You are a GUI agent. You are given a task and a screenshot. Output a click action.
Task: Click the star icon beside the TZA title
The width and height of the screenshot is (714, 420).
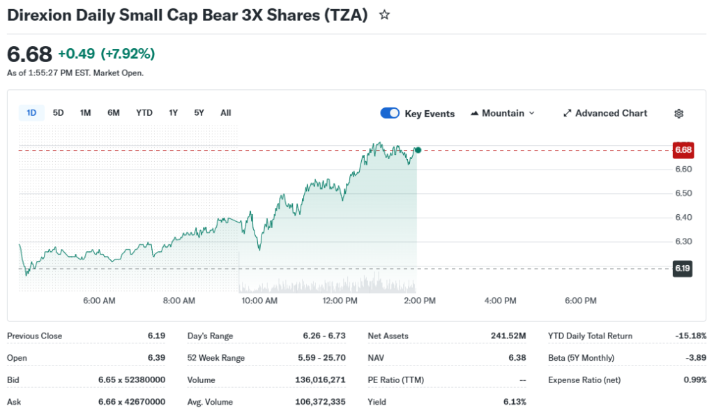click(384, 15)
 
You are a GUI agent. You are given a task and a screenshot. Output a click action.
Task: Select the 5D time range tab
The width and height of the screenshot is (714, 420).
click(59, 113)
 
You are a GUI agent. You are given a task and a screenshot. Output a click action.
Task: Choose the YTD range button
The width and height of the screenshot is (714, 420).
click(144, 113)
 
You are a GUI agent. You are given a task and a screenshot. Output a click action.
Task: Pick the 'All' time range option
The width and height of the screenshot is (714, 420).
click(225, 113)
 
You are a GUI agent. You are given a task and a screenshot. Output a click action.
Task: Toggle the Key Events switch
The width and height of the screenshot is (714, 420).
click(390, 114)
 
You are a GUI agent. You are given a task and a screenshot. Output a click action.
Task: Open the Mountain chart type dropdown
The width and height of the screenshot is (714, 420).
click(503, 113)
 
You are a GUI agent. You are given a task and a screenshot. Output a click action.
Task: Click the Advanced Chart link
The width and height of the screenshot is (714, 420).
click(605, 113)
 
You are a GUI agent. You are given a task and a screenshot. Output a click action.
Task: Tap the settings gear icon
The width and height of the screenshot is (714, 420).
click(679, 114)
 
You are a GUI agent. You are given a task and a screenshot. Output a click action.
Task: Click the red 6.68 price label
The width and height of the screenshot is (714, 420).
click(683, 150)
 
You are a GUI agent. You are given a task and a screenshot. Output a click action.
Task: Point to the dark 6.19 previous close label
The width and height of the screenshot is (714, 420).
click(683, 268)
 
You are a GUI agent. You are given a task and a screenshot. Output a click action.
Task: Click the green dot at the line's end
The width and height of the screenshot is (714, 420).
click(418, 150)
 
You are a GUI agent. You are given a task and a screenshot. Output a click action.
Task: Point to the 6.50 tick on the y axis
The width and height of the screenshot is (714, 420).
click(683, 193)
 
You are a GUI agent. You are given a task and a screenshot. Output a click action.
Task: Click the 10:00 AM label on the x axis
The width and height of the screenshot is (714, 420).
click(259, 301)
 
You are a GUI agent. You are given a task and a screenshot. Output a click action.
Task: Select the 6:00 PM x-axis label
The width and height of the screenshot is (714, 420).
click(580, 301)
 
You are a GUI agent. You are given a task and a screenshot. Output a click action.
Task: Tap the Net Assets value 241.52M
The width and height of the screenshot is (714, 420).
click(508, 336)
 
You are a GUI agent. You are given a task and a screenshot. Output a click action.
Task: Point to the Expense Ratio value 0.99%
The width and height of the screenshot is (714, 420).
click(694, 380)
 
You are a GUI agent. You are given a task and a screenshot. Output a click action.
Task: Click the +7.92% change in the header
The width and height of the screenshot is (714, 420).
click(128, 54)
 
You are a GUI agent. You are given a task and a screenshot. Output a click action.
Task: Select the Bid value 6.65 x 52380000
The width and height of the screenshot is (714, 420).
click(132, 380)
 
